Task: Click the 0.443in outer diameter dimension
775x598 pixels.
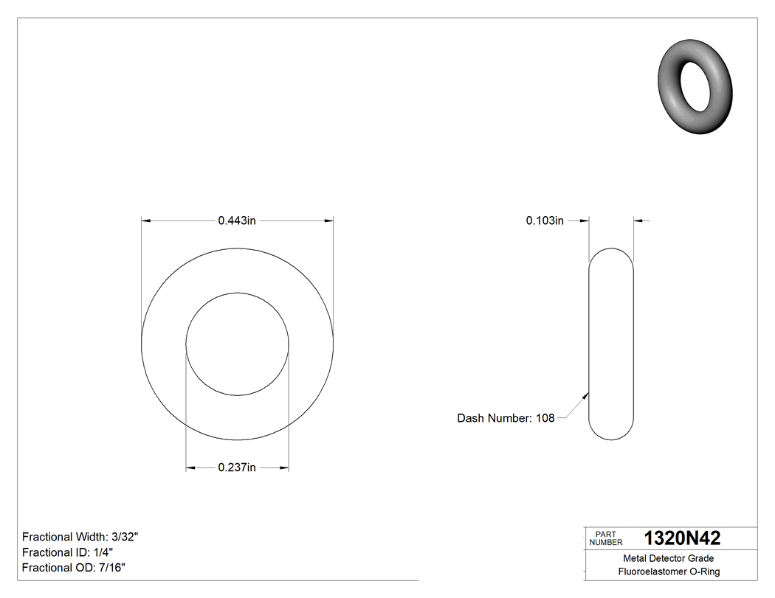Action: pos(236,220)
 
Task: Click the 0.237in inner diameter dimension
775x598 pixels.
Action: pos(236,467)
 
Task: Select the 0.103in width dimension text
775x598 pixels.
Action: pos(545,220)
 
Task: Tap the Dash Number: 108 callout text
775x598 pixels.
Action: pos(506,418)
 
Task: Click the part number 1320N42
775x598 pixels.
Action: pos(682,538)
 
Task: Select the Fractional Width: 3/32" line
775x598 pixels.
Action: pos(80,537)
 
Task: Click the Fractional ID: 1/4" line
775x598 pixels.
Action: pos(68,552)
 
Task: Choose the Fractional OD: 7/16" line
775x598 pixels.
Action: pos(74,568)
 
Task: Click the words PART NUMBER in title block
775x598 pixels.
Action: pos(605,538)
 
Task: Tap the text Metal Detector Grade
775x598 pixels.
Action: pos(669,558)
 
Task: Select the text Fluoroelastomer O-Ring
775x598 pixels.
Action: pos(669,571)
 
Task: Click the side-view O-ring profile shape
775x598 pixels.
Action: pos(611,344)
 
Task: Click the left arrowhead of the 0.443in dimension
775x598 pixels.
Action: pos(145,220)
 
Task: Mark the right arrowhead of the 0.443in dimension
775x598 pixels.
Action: pos(328,220)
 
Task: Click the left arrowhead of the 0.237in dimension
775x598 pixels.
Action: pos(190,467)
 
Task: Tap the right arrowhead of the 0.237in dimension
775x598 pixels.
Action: pos(283,467)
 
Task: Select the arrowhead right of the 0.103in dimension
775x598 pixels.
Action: pos(638,220)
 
